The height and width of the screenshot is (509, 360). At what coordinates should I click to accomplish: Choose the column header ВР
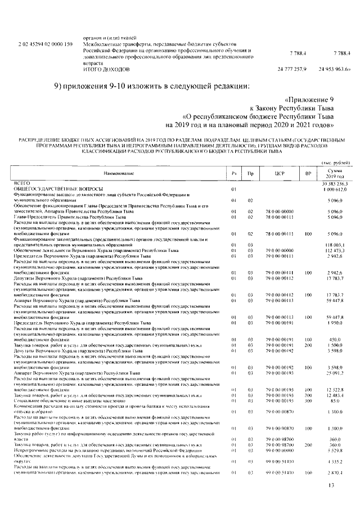[x=308, y=174]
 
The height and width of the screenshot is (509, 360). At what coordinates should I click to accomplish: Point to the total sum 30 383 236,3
[x=335, y=184]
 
